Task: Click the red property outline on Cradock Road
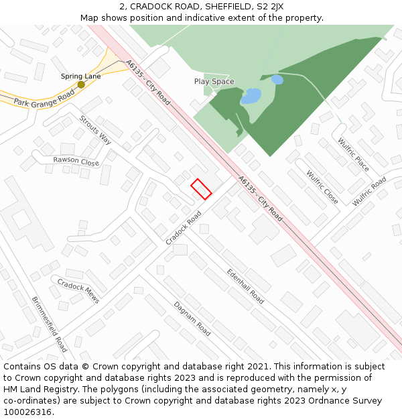point(201,189)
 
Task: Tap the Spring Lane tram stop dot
point(81,84)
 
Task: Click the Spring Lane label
point(81,76)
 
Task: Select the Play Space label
point(214,82)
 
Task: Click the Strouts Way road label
point(95,129)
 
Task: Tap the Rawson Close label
point(76,161)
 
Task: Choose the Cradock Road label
point(183,228)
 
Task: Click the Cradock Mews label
point(78,290)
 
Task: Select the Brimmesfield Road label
point(49,324)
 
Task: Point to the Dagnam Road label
point(192,318)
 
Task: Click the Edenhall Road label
point(245,285)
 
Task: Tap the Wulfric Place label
point(353,154)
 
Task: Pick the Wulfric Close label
point(322,186)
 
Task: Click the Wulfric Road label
point(369,191)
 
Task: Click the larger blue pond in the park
point(251,97)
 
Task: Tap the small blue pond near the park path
point(277,79)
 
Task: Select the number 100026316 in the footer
point(27,412)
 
